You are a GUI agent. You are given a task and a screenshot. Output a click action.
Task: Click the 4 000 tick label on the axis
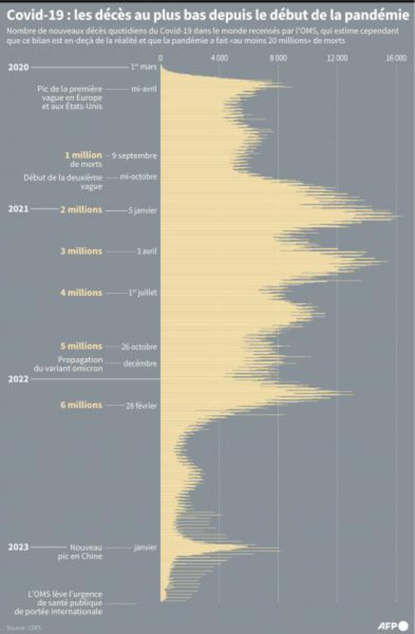[x=219, y=58]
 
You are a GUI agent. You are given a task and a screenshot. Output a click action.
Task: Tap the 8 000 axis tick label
[x=278, y=58]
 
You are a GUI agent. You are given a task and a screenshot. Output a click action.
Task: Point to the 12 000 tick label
[x=337, y=58]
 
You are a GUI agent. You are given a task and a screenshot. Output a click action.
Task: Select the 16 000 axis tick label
[x=396, y=58]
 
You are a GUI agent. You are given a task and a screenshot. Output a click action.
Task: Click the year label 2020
[x=19, y=67]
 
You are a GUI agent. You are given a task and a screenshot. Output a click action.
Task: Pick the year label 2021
[x=19, y=209]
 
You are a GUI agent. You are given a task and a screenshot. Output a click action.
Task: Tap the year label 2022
[x=19, y=379]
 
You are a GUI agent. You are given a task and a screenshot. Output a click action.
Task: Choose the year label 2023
[x=19, y=547]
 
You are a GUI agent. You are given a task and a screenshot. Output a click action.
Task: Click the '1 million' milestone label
[x=83, y=155]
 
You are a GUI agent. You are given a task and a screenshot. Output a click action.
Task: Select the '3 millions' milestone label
[x=81, y=251]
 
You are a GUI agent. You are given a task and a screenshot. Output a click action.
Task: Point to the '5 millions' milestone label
[x=81, y=346]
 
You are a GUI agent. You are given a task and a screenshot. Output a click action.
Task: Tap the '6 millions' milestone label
[x=81, y=405]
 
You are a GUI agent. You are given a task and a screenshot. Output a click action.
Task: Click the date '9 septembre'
[x=134, y=156]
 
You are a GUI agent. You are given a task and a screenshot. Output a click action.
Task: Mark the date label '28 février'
[x=141, y=406]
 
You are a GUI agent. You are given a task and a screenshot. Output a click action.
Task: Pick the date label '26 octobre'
[x=139, y=347]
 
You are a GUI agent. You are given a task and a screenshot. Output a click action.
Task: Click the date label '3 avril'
[x=146, y=251]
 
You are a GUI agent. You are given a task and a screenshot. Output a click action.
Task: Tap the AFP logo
[x=393, y=626]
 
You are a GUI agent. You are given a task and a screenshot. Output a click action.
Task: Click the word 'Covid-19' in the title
[x=35, y=15]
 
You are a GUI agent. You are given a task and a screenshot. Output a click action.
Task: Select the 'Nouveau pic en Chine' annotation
[x=80, y=552]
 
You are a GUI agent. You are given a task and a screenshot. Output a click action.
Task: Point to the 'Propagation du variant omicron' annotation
[x=69, y=364]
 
